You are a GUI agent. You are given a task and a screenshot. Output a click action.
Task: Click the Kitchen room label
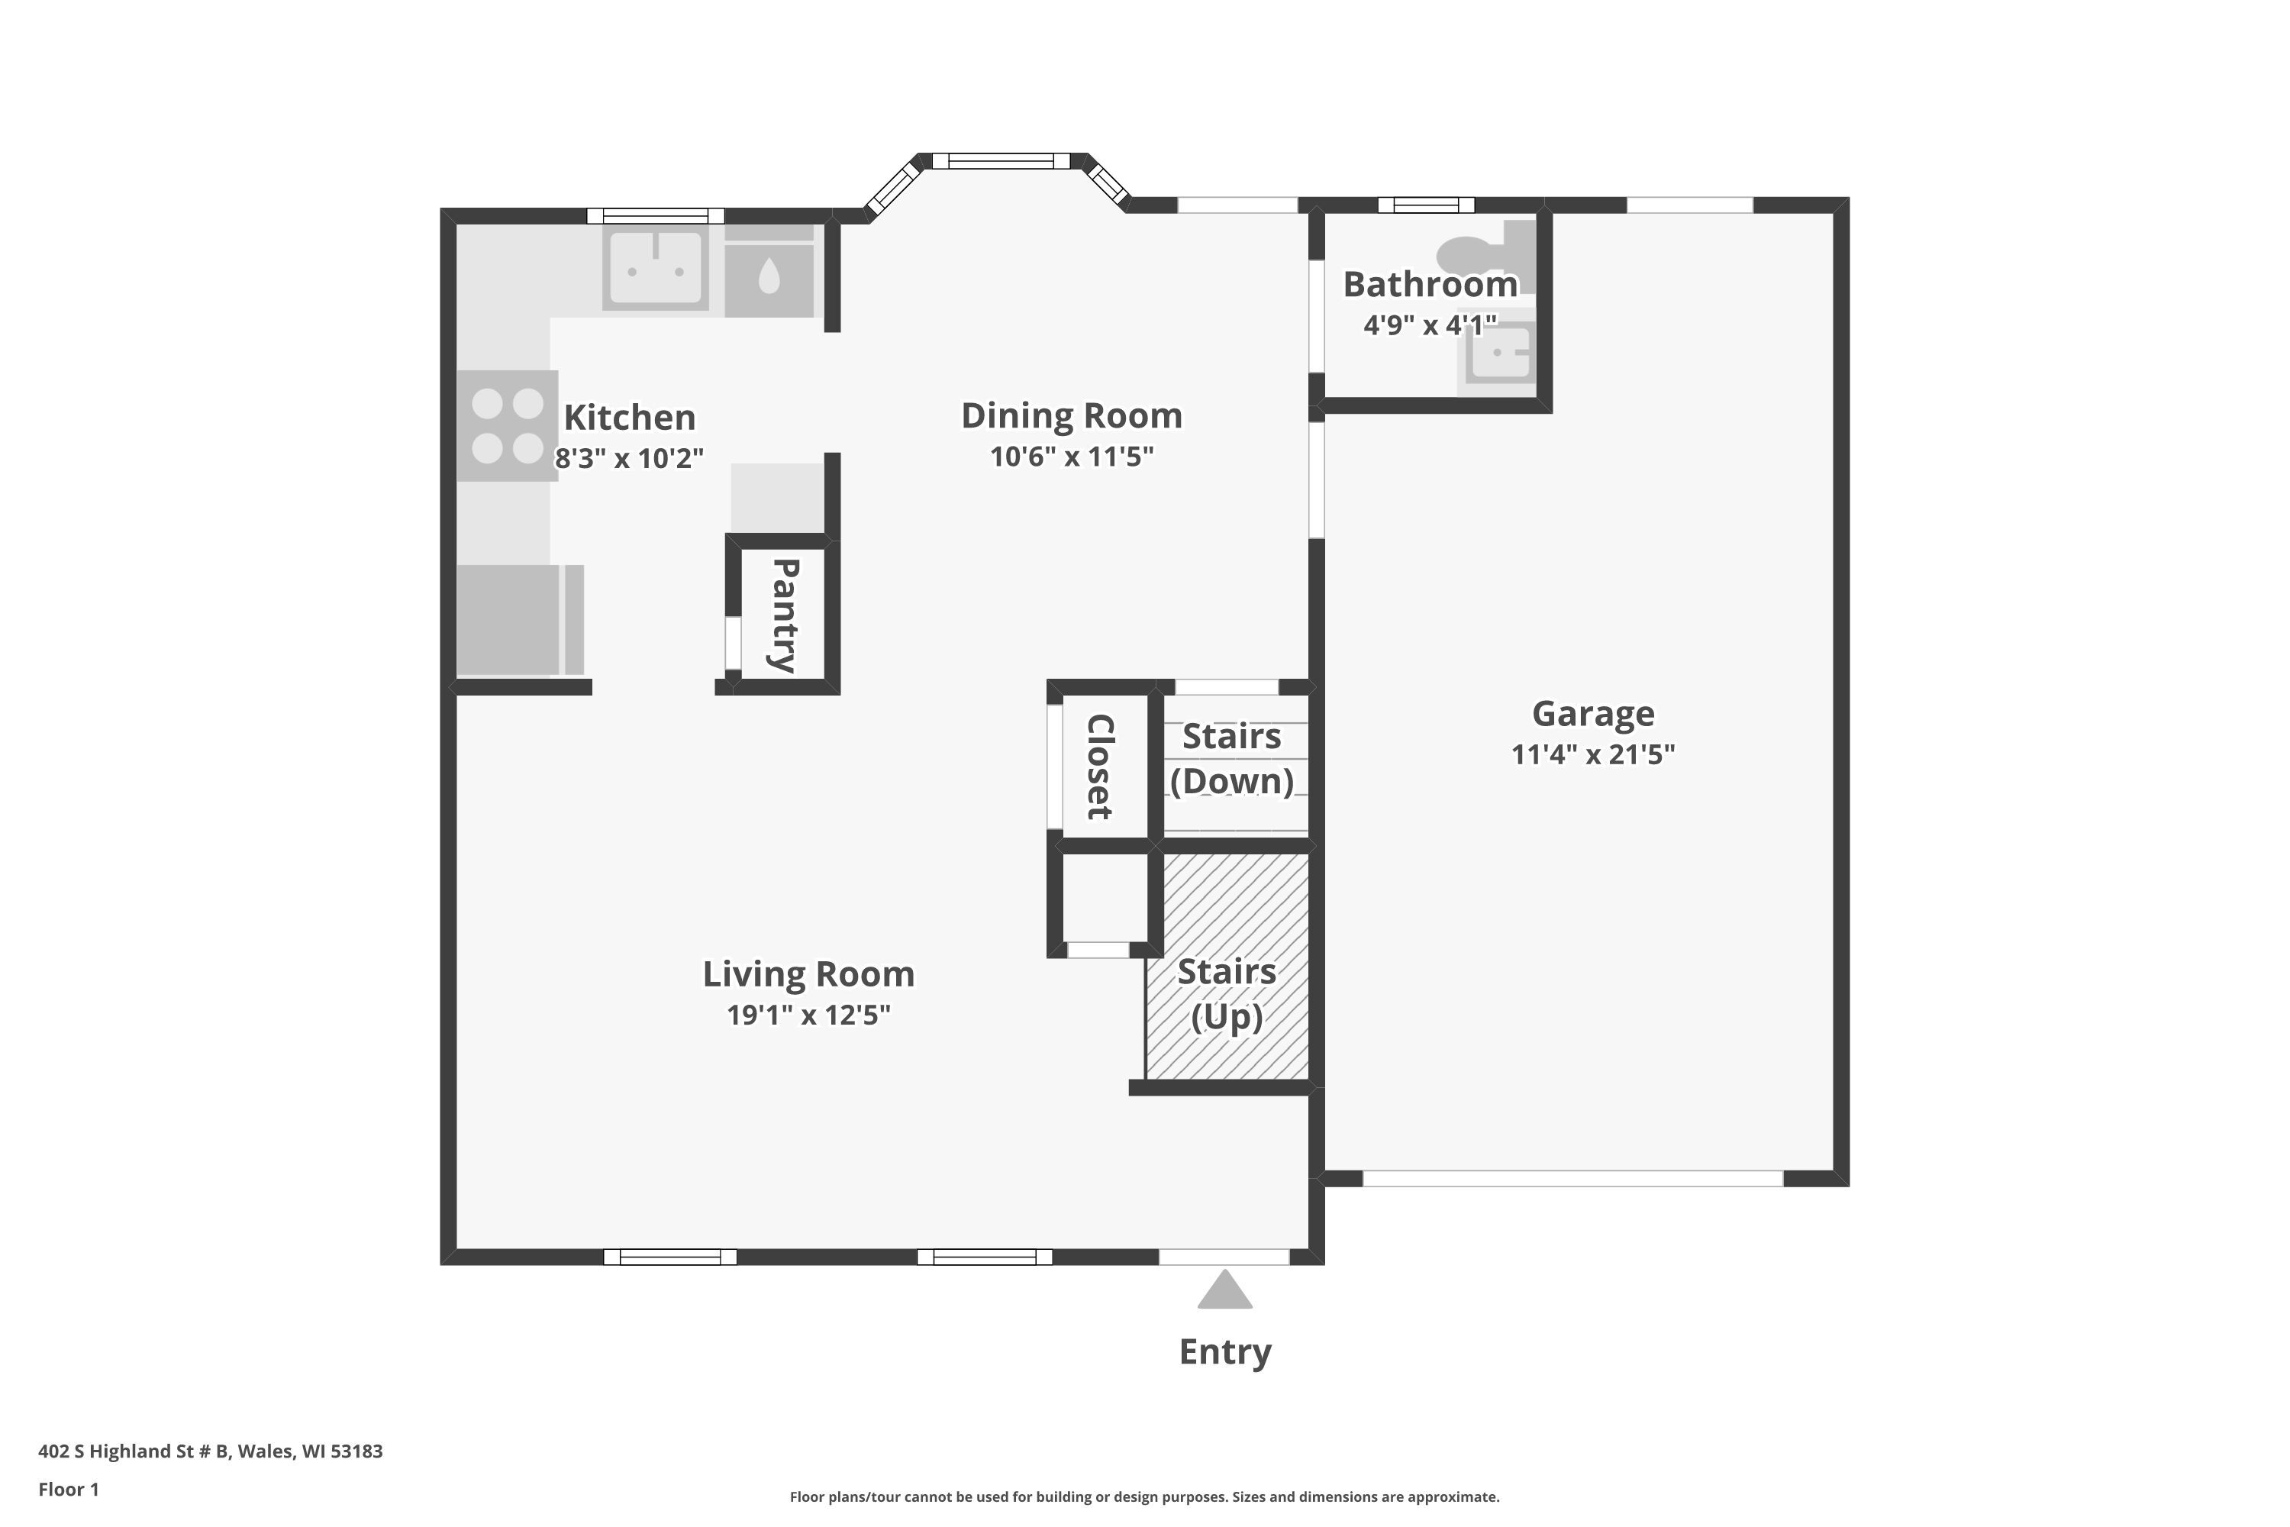click(629, 418)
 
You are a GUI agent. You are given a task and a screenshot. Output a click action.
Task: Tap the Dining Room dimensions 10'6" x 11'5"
click(1071, 457)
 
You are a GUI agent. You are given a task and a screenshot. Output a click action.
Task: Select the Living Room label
click(808, 974)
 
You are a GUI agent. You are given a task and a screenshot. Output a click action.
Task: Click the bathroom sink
click(1499, 353)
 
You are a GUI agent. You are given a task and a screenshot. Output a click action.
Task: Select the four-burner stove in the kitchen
click(508, 425)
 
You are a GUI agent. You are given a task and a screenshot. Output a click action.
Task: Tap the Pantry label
click(785, 615)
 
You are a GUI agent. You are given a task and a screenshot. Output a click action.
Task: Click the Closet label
click(1099, 767)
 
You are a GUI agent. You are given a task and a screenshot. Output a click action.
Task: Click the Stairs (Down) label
click(1232, 759)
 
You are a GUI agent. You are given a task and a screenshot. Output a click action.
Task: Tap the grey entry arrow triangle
click(1225, 1291)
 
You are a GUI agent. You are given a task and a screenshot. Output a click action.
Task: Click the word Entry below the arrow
click(1225, 1351)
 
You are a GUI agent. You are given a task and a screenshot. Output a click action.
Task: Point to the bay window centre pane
click(1001, 160)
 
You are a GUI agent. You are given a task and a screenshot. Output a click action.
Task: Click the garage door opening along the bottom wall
click(1572, 1178)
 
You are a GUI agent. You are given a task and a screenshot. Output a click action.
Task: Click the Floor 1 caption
click(68, 1489)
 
